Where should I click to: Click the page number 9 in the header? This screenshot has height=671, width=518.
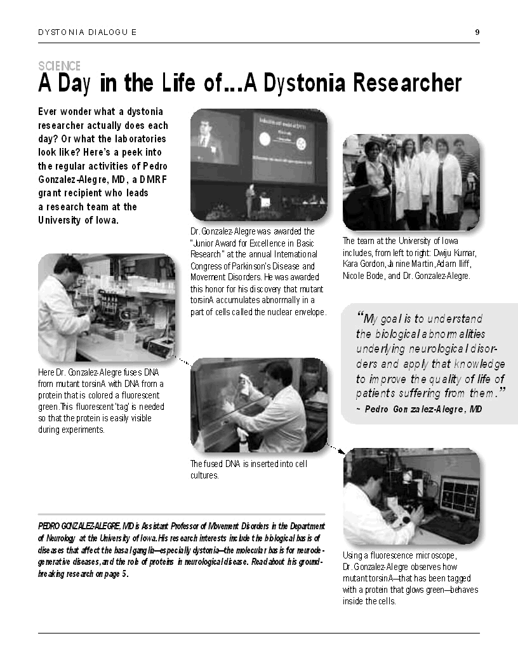click(x=477, y=32)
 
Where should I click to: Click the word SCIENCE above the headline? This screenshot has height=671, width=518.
click(x=59, y=66)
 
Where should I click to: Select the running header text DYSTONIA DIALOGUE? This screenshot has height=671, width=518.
click(x=87, y=32)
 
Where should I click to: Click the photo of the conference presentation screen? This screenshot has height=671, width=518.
click(x=258, y=165)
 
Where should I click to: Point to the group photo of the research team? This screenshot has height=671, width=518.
click(x=411, y=182)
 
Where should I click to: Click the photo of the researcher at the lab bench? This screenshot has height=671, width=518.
click(x=107, y=307)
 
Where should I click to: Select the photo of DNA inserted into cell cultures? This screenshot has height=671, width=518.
click(x=258, y=405)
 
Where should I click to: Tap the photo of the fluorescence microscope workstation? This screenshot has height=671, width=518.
click(x=411, y=496)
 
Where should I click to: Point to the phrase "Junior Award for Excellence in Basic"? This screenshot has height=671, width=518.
click(x=253, y=243)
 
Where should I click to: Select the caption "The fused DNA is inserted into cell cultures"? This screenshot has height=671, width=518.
click(x=248, y=469)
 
